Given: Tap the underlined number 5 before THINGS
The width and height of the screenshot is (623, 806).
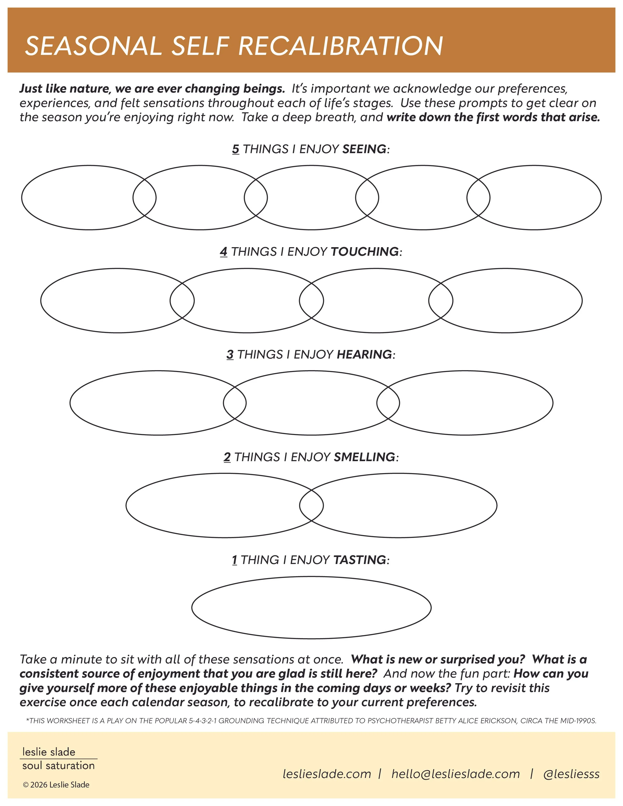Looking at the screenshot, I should [x=235, y=149].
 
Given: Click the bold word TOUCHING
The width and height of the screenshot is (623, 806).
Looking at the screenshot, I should [x=365, y=252].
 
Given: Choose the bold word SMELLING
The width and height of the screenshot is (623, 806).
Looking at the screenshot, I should [x=364, y=457].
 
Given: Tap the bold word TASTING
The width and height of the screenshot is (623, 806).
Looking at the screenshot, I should [x=360, y=560].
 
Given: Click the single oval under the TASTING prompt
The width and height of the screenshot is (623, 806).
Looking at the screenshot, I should [x=311, y=607].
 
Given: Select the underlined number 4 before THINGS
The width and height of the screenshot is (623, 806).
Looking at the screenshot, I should [x=223, y=252].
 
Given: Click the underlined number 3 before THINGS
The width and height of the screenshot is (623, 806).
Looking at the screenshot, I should [x=230, y=354].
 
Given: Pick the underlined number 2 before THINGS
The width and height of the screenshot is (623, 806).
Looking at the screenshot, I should [x=227, y=457].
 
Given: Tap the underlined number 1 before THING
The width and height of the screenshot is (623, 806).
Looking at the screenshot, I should [x=234, y=560].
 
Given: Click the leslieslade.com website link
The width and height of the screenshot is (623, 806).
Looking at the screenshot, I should [x=327, y=774].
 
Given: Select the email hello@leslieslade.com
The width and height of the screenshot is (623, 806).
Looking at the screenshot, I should [x=456, y=774].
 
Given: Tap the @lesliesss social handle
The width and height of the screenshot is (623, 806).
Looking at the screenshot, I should [x=571, y=774].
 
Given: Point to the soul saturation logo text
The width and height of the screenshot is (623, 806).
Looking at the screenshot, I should [x=58, y=766].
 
